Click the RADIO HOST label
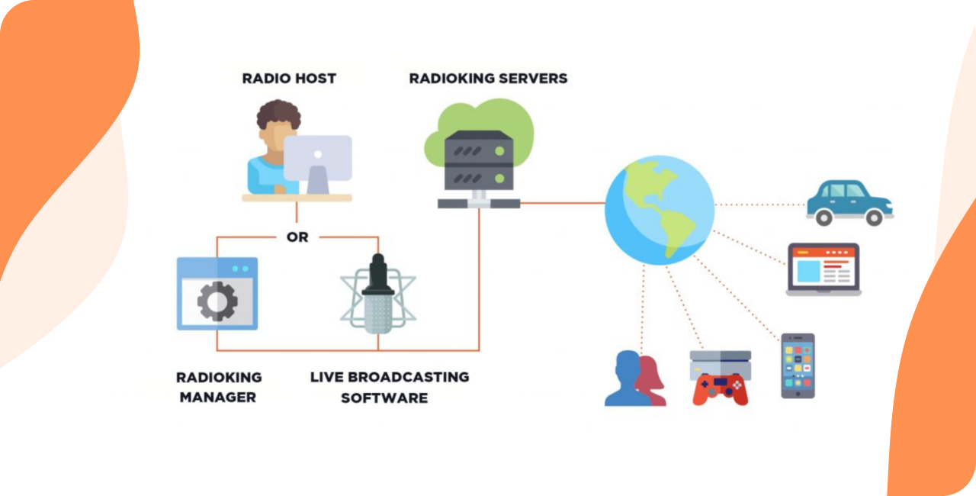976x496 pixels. click(289, 79)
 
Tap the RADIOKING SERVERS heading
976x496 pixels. click(488, 79)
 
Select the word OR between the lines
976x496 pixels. click(297, 237)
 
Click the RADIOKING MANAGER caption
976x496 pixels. click(219, 387)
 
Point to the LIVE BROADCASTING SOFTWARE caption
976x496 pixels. click(389, 387)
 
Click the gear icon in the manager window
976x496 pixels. click(217, 301)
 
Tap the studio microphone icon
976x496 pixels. click(378, 294)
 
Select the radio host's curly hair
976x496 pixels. click(278, 116)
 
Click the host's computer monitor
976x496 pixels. click(318, 158)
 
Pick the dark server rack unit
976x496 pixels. click(479, 160)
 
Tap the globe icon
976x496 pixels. click(660, 210)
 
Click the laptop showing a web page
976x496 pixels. click(823, 269)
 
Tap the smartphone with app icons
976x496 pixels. click(798, 366)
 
